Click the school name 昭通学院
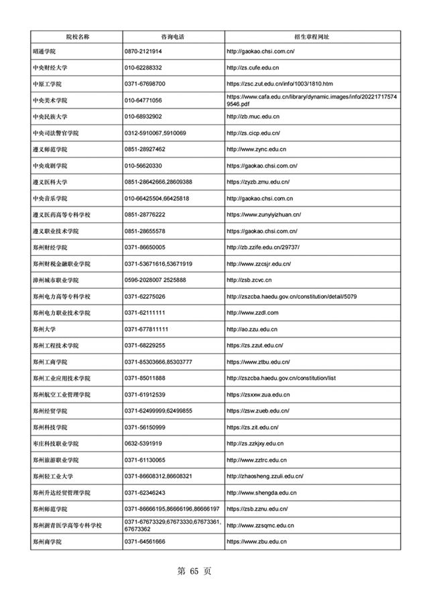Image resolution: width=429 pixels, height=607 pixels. (x=45, y=52)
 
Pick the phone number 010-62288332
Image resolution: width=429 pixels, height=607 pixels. (x=143, y=68)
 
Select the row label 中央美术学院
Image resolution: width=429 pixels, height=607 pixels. (x=50, y=100)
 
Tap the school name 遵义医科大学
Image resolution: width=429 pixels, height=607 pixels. (x=50, y=182)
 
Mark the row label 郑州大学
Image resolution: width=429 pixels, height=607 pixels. (x=45, y=329)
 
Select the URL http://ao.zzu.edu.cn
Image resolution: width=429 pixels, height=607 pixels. (x=252, y=329)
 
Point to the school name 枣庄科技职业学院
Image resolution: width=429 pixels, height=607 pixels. (x=56, y=444)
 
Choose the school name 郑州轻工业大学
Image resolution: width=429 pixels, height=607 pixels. (x=53, y=476)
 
